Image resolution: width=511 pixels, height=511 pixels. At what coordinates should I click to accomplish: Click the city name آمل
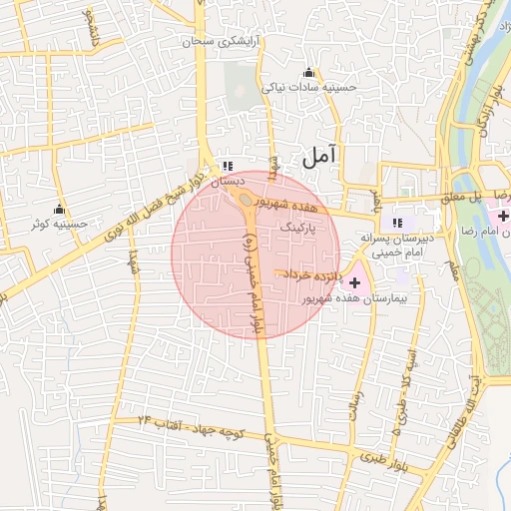coord(319,156)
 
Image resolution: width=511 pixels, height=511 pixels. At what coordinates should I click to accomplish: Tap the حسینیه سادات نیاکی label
coord(308,88)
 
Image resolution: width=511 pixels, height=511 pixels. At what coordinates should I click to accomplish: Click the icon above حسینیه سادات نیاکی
coord(308,72)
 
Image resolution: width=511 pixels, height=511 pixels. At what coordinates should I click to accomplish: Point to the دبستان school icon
coord(228,166)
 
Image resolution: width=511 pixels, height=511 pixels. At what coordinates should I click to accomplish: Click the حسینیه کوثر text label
coord(59,225)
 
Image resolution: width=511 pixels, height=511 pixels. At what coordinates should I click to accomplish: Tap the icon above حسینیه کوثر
coord(59,210)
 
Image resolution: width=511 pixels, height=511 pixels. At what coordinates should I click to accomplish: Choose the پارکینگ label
coord(299,229)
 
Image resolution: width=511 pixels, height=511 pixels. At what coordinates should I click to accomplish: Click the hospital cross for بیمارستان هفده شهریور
coord(355,283)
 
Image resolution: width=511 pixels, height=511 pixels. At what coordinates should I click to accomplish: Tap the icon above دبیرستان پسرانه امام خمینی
coord(397,223)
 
